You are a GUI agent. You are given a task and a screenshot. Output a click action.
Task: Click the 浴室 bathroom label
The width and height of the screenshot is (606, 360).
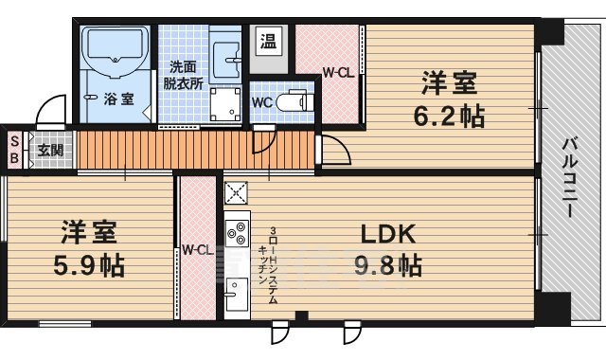[117, 98]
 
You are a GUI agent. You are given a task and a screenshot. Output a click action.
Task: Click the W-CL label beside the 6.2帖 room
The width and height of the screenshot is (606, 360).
[338, 72]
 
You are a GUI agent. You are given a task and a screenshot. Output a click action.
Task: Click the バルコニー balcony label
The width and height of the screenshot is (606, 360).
[570, 177]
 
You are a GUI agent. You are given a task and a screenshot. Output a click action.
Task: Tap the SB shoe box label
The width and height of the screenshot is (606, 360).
[14, 150]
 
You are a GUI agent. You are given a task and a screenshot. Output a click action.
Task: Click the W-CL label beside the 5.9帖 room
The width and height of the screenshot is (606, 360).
[197, 250]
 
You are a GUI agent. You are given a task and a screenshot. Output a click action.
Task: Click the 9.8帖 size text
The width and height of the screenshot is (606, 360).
[389, 266]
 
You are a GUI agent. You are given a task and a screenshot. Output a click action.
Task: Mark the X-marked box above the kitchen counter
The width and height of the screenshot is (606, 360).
[234, 193]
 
